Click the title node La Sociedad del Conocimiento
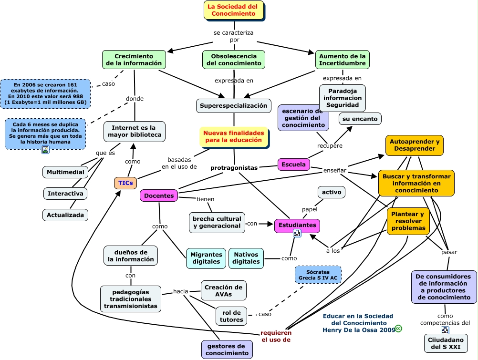(233, 10)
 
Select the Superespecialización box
(233, 105)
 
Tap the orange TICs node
(125, 183)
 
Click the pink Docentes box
(159, 195)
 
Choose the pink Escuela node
(293, 165)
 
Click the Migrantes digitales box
(206, 258)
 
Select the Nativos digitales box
(246, 258)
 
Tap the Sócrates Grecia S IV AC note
(318, 275)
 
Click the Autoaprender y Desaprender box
(414, 145)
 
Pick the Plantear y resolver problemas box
(408, 221)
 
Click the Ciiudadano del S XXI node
(446, 343)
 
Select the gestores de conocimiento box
(227, 350)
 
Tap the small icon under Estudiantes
(297, 233)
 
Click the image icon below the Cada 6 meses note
(45, 150)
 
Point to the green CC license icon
(398, 329)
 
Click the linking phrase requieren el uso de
(276, 336)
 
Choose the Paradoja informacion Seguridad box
(342, 98)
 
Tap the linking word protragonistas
(234, 167)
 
